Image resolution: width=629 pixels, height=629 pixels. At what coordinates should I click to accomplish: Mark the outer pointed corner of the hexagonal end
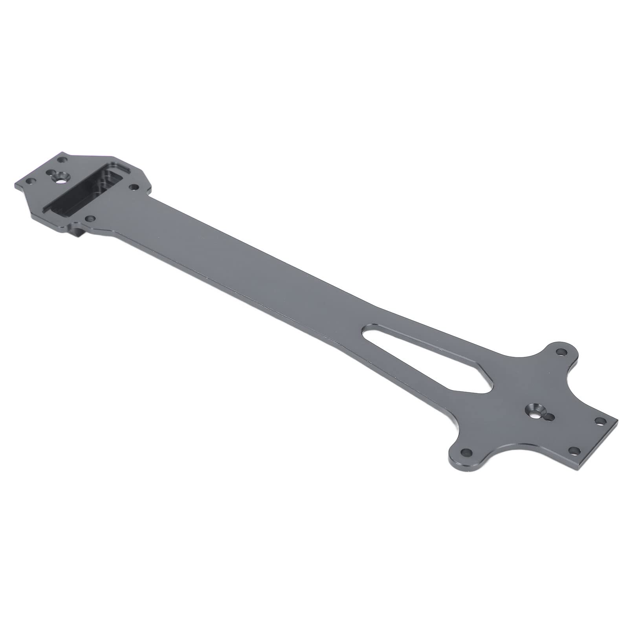pyautogui.click(x=16, y=184)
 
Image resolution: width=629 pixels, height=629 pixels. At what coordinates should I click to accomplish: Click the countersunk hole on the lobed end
pyautogui.click(x=535, y=412)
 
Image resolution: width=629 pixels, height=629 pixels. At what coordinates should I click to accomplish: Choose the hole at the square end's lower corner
pyautogui.click(x=574, y=451)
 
